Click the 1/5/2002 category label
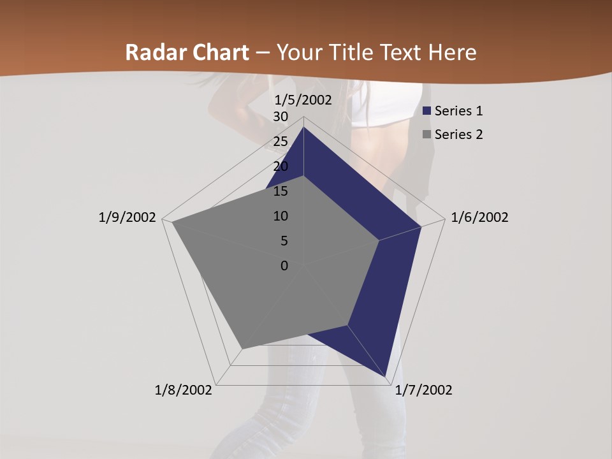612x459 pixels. [303, 100]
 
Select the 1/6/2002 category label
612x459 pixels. [479, 217]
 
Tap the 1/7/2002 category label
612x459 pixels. [423, 390]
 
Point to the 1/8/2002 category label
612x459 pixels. [184, 390]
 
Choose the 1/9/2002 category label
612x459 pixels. [127, 217]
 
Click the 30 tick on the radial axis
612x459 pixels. [280, 117]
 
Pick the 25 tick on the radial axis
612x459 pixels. [280, 142]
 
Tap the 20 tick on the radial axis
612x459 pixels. [280, 166]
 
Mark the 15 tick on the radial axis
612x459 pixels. [280, 191]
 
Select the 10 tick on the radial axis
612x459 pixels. [280, 216]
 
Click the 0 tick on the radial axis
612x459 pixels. [284, 266]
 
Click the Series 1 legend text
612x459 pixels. [458, 111]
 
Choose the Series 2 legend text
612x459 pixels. [458, 135]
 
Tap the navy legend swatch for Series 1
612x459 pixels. [426, 111]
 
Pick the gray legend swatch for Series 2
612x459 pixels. [426, 135]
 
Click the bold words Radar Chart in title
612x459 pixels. [187, 52]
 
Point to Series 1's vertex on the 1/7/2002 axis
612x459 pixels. [386, 376]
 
